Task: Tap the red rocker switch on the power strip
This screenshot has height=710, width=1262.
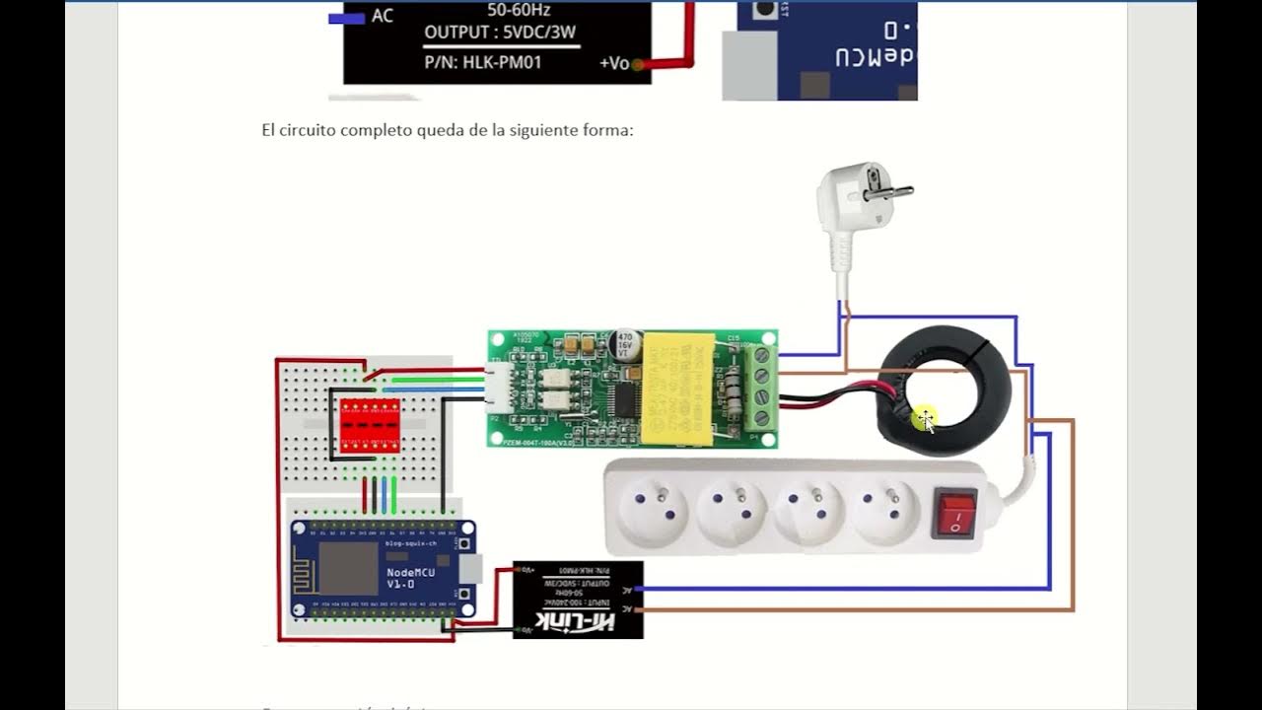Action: point(954,514)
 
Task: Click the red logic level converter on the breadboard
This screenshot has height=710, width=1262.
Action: point(370,425)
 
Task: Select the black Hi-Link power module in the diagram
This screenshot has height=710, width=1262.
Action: point(578,600)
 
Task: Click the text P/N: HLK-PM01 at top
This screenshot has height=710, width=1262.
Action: point(483,62)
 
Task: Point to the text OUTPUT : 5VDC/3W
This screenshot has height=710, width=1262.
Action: point(500,33)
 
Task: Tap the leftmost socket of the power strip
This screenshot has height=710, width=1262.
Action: point(652,508)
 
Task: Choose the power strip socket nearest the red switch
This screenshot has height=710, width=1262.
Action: point(885,508)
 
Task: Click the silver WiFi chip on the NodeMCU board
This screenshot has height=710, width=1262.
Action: point(347,569)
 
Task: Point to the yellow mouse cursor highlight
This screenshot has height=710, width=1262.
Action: point(924,419)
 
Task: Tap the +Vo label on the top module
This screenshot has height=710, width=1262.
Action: point(613,63)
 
